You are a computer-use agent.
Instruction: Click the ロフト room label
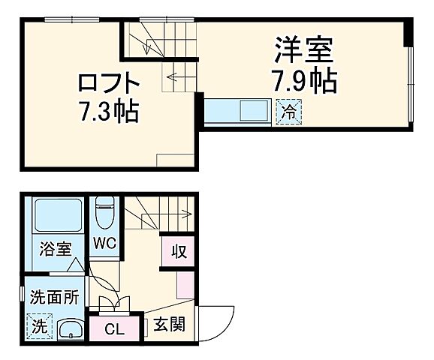(109, 80)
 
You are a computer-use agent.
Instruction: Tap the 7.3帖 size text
(109, 112)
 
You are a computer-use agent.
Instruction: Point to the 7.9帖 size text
(303, 80)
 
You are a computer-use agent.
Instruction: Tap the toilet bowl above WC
(104, 212)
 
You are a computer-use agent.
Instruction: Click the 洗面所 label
(54, 297)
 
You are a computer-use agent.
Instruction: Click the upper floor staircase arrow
(175, 75)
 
